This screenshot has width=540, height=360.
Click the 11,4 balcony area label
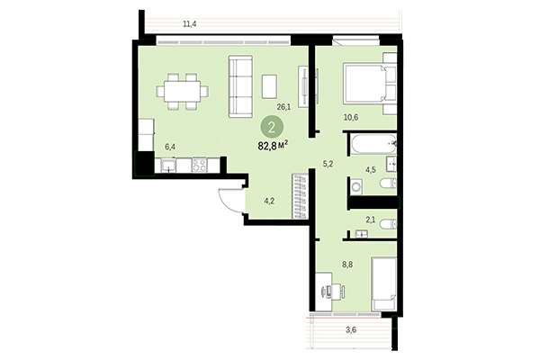(189, 24)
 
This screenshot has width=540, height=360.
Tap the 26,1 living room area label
(283, 107)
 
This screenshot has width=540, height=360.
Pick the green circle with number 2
(271, 127)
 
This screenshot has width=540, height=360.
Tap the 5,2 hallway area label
(329, 164)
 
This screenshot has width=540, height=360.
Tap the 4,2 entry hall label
(267, 202)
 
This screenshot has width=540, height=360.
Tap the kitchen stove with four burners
(199, 165)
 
